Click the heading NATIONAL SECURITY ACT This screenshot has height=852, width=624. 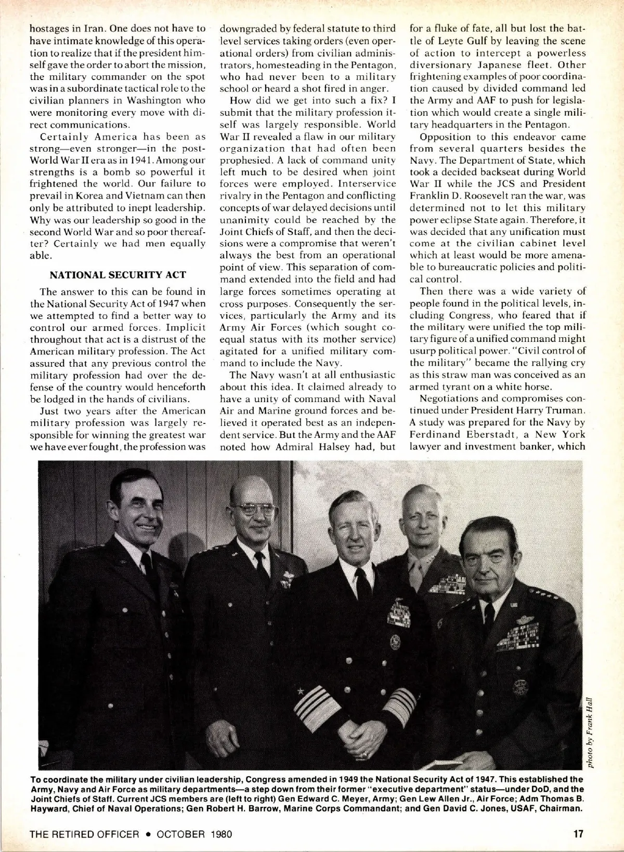tap(118, 274)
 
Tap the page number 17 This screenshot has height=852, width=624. tap(578, 834)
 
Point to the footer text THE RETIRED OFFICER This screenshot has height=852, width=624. tap(85, 834)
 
